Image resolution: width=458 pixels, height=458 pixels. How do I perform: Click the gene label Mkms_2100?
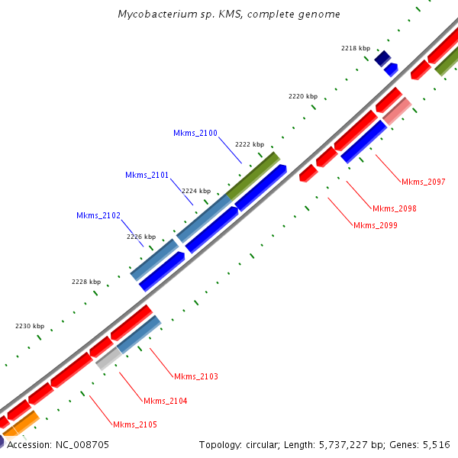pos(195,134)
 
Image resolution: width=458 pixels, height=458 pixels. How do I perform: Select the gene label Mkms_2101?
pos(147,176)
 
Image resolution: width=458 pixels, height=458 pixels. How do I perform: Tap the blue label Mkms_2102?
pos(98,216)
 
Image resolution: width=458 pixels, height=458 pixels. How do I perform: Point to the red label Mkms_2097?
pos(423,182)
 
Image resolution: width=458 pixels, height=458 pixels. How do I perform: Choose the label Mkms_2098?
pos(394,208)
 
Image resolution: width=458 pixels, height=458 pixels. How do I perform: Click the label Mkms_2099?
pos(375,225)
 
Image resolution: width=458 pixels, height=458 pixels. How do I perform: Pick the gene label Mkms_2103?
pos(196,377)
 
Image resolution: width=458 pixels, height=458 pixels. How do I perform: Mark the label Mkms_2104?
pos(165,402)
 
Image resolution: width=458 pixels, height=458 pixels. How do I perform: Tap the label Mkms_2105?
pos(135,424)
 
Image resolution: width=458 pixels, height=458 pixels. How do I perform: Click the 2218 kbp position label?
pos(356,48)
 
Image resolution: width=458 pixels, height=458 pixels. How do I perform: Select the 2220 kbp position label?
pos(303,97)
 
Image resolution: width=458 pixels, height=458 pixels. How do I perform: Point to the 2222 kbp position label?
pos(250,144)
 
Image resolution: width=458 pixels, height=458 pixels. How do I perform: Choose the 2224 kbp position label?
pos(196,191)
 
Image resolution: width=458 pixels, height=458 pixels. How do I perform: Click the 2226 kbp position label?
pos(141,237)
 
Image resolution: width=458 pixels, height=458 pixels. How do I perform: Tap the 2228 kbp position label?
pos(86,282)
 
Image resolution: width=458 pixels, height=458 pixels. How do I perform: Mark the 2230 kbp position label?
pos(30,327)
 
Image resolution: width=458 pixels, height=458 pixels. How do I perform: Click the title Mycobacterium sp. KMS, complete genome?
pos(230,15)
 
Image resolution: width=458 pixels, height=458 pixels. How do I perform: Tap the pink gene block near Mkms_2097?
pos(397,111)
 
